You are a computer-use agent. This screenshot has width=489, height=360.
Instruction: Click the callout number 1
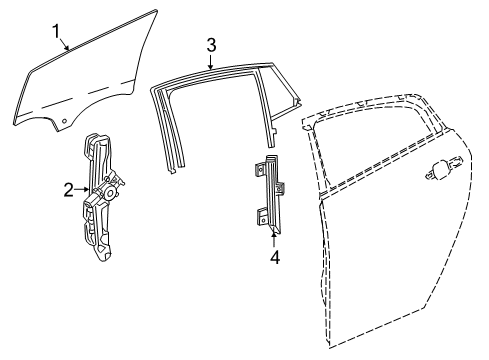coord(57,29)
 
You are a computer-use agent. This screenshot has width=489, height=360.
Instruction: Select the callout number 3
coord(211,44)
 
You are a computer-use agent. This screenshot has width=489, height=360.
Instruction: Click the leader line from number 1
coord(63,42)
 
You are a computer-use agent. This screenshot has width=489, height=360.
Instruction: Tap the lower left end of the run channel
coord(171,171)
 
